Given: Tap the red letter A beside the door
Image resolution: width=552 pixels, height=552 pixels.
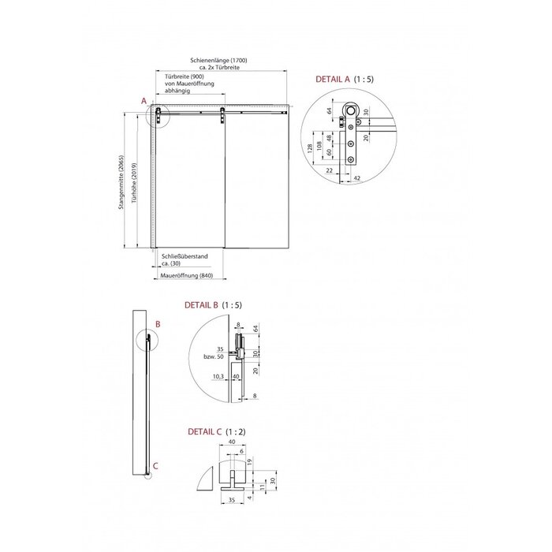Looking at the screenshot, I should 144,101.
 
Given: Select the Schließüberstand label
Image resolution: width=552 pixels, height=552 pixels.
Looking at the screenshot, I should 185,255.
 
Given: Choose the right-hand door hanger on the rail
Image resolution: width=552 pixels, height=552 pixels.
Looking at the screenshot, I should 223,115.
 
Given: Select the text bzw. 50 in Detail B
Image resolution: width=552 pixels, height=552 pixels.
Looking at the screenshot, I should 213,357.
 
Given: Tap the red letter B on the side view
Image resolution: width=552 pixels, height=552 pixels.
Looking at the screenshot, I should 158,323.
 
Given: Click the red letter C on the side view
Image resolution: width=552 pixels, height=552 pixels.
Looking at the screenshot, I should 155,466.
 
